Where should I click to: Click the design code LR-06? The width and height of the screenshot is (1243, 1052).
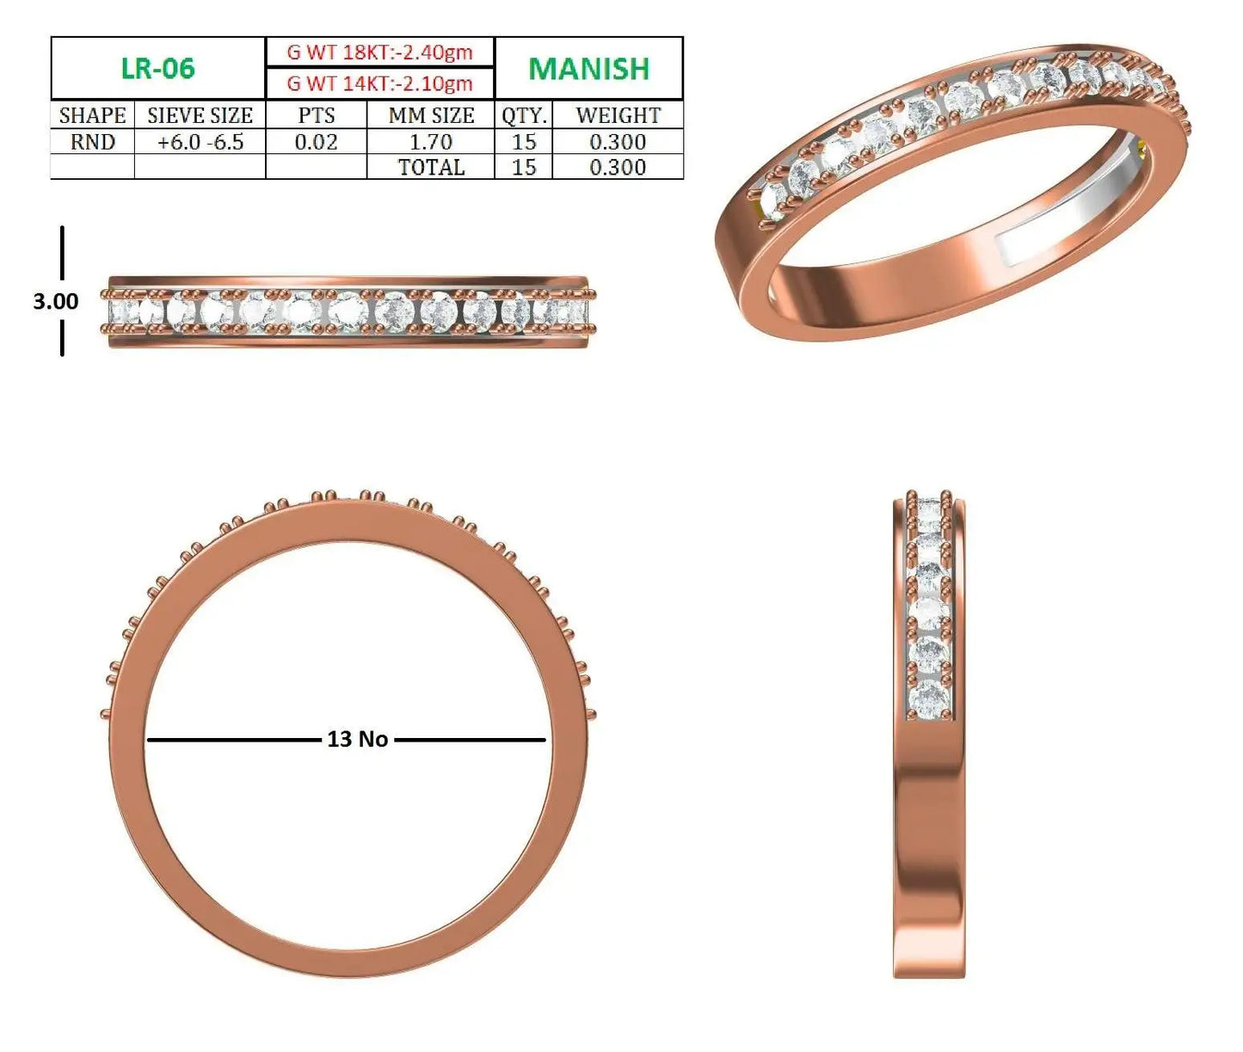coord(158,68)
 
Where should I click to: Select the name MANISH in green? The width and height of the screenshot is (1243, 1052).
coord(588,69)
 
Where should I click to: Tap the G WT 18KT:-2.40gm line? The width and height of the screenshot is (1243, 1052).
coord(379,52)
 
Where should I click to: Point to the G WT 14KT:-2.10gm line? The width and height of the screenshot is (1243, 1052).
coord(379,83)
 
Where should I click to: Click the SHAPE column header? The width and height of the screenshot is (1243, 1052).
coord(93,115)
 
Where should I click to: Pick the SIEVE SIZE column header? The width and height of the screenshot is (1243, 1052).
coord(200,115)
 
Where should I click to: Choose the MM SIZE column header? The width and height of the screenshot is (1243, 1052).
coord(431,115)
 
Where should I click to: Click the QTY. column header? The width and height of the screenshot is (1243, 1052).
coord(524,116)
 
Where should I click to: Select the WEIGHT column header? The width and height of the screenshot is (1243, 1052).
coord(618,115)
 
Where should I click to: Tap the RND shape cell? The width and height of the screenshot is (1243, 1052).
coord(93,142)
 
